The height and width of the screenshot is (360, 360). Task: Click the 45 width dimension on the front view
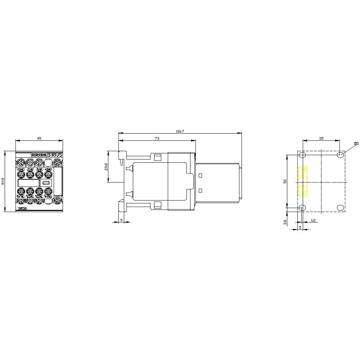[39, 138]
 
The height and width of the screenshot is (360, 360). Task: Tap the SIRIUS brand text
[55, 154]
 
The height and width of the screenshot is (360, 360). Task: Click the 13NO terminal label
[21, 169]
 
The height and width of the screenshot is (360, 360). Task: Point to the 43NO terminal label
[48, 169]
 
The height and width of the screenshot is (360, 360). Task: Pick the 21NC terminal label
[30, 169]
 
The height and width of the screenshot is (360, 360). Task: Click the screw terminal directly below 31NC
[39, 175]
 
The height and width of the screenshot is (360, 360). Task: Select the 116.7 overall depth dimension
[180, 131]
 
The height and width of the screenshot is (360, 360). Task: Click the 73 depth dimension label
[157, 138]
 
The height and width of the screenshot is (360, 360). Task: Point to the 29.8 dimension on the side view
[106, 167]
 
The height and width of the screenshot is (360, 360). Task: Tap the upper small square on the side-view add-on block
[201, 176]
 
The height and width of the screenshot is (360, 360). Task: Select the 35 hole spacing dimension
[321, 138]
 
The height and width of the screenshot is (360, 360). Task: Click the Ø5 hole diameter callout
[356, 144]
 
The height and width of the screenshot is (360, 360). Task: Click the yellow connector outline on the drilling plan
[302, 181]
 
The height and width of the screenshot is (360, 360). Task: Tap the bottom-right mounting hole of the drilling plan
[340, 208]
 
